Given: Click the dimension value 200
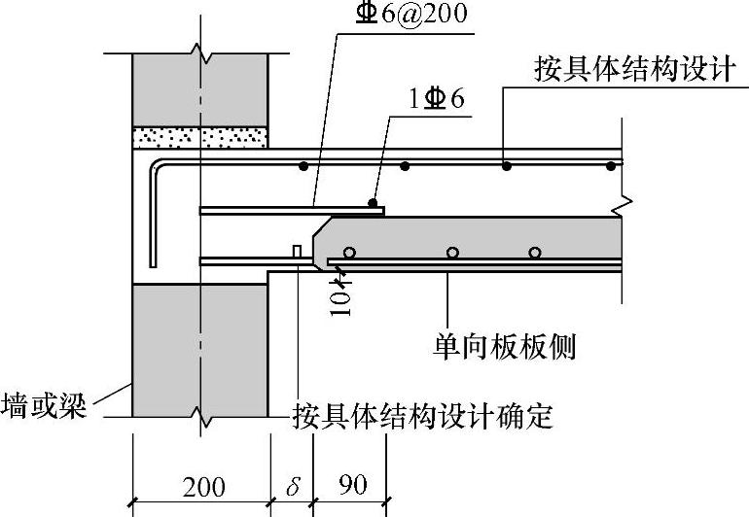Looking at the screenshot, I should pos(201,485).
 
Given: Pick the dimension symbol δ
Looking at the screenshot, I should pos(292,484).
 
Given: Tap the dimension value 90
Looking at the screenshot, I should pos(352,484).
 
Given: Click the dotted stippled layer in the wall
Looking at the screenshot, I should pos(200,138).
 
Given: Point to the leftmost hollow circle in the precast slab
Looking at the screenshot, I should pos(349,253).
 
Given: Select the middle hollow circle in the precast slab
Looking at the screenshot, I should pos(452,253).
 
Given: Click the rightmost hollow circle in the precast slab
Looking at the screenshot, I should pos(535,253).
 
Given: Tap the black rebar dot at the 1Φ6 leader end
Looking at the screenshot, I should pos(373,202).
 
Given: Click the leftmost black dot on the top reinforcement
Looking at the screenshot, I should pos(303,166).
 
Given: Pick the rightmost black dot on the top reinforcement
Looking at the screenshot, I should pos(610,166).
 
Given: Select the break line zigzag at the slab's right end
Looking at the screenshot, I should pos(627,206).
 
